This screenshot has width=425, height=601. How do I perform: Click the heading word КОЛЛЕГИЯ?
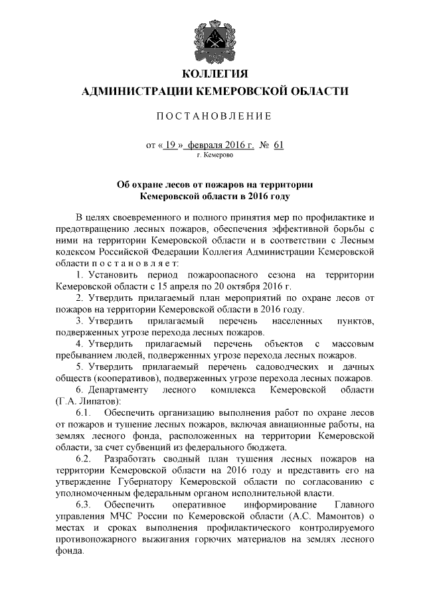tap(212, 72)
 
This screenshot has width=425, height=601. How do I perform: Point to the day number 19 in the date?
tap(169, 143)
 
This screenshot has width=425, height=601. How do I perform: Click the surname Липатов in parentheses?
tap(100, 402)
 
